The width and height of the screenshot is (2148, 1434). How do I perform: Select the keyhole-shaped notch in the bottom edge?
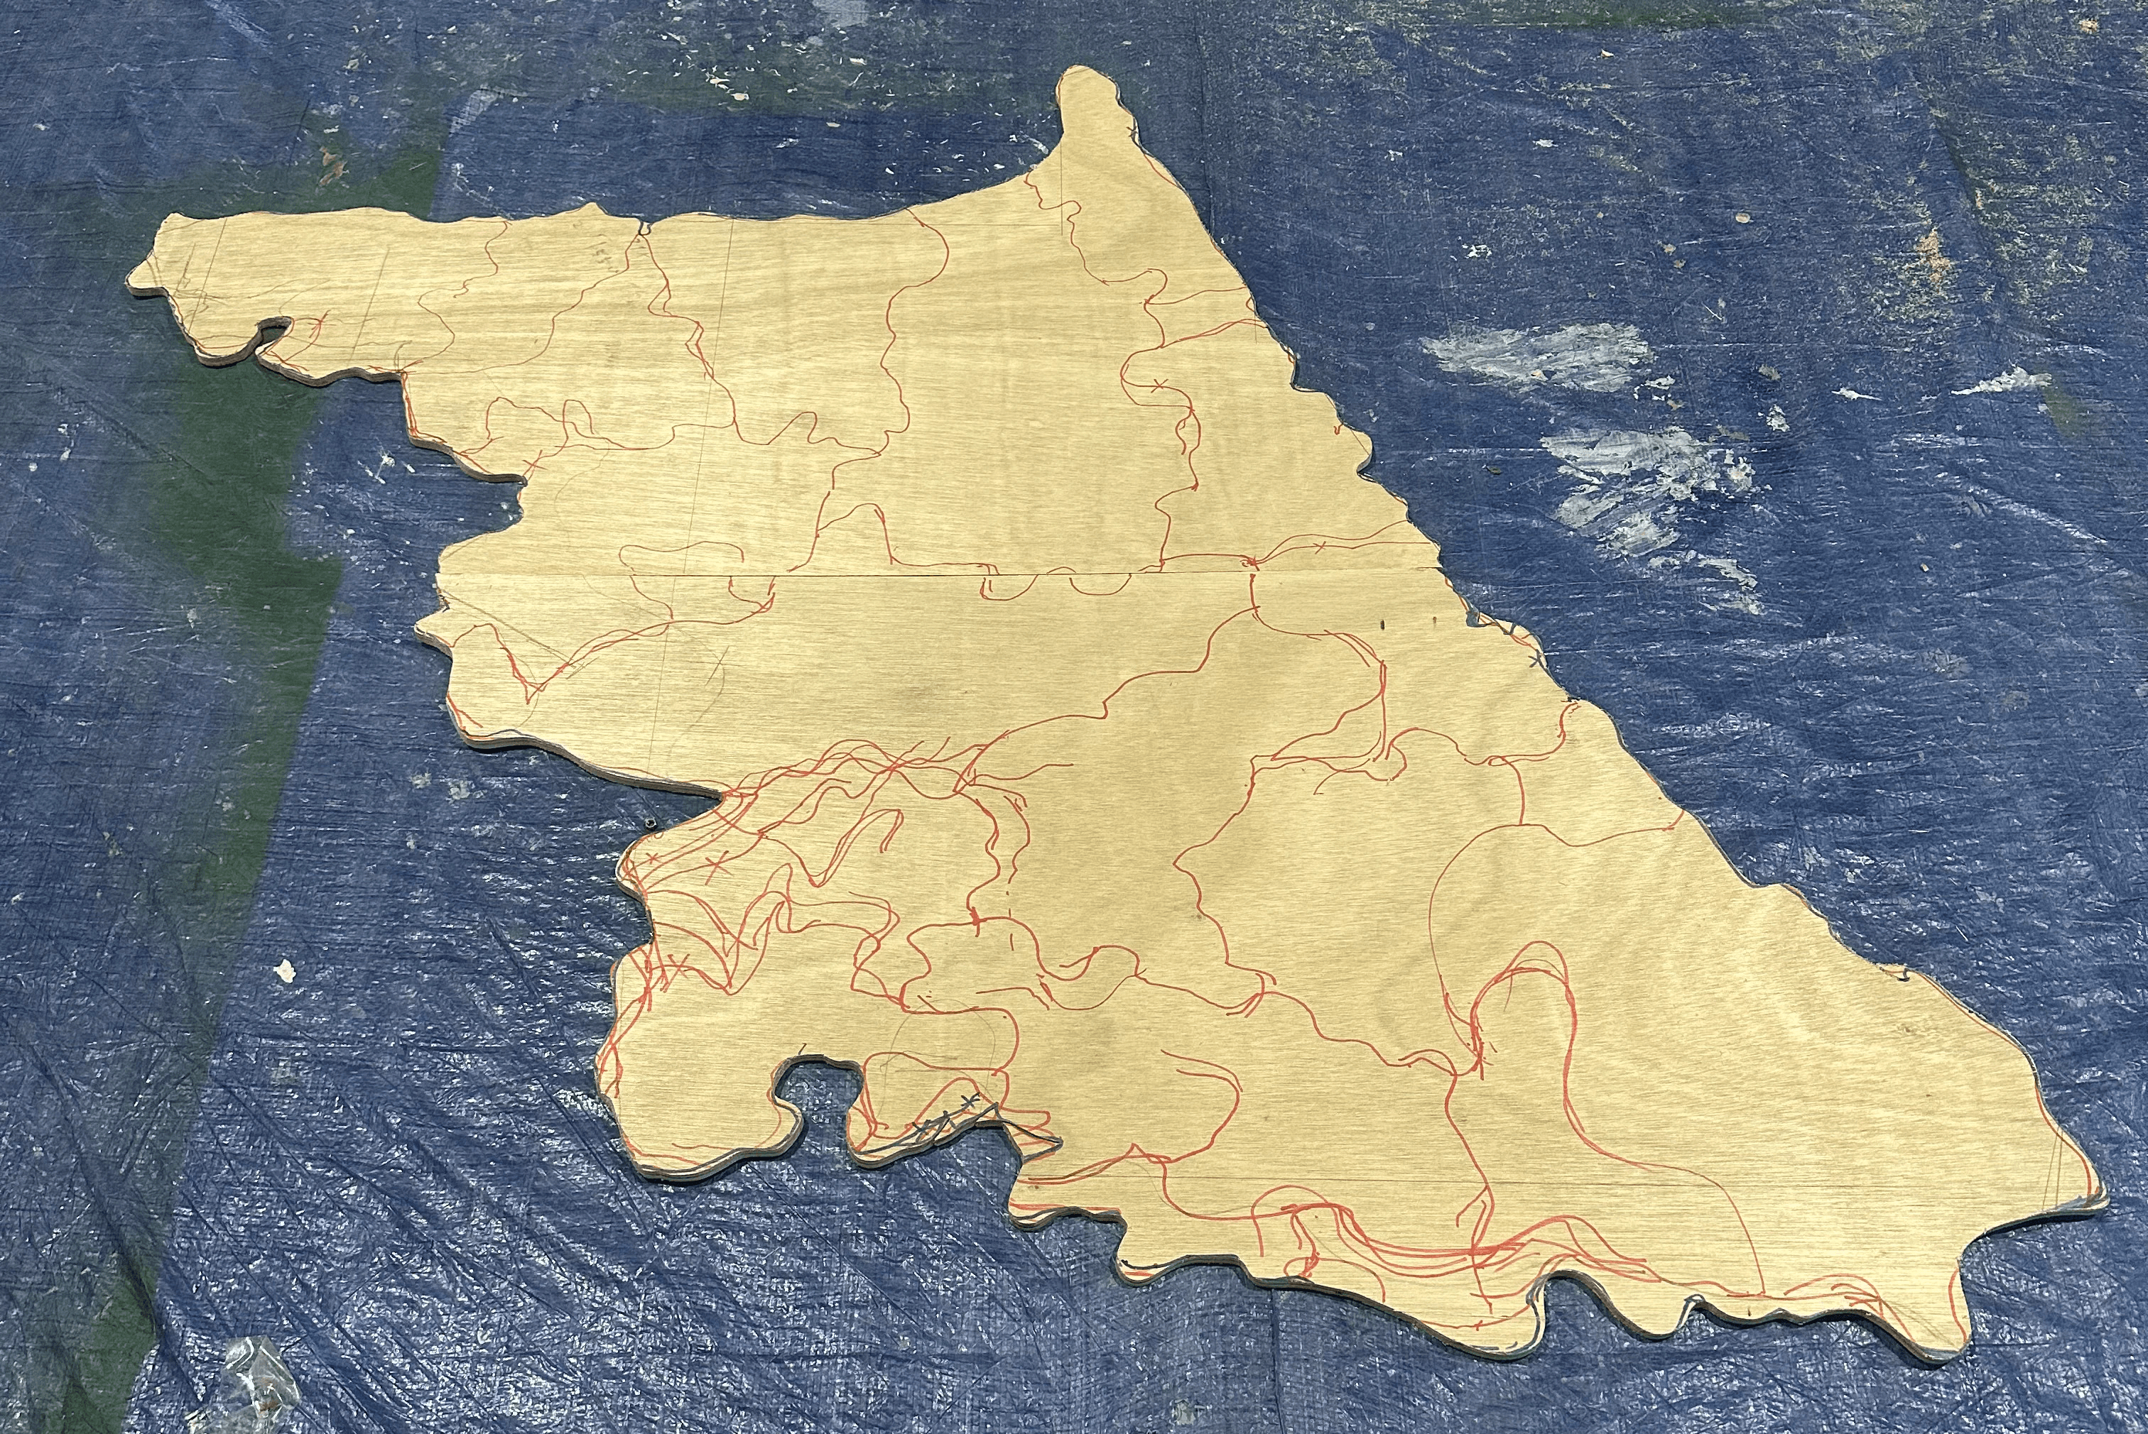pos(809,1085)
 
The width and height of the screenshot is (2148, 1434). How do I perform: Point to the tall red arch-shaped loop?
pos(1519,1006)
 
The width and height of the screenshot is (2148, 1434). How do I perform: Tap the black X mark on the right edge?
pos(1535,659)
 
